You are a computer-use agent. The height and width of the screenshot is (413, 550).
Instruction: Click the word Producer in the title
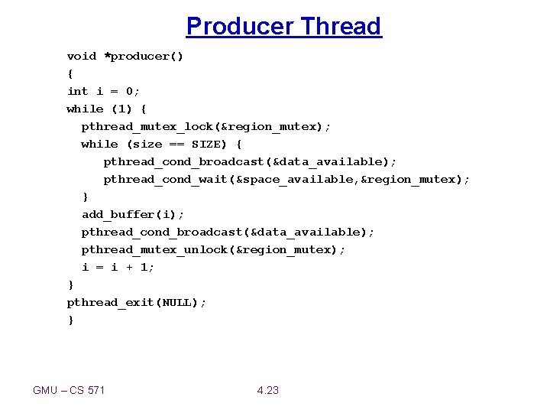(240, 27)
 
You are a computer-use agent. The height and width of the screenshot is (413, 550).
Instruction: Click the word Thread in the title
(340, 27)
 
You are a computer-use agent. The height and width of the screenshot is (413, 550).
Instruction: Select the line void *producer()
(125, 57)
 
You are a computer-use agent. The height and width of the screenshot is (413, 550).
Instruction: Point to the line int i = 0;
(104, 92)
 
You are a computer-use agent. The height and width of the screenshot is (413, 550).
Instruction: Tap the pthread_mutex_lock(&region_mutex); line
(206, 127)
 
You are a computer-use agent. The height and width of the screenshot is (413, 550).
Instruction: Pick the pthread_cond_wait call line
(286, 180)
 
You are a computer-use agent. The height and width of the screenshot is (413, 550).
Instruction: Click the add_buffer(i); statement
(133, 215)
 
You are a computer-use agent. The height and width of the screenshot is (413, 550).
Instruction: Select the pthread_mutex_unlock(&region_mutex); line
(213, 250)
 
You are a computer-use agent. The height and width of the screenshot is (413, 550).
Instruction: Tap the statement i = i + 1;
(118, 268)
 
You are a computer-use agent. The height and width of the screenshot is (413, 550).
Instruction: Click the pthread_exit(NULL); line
(137, 303)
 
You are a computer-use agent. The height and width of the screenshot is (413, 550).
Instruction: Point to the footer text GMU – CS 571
(69, 391)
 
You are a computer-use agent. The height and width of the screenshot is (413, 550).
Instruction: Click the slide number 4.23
(268, 391)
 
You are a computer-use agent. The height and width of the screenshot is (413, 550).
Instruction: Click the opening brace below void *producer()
(70, 74)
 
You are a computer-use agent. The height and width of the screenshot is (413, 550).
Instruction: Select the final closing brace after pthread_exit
(71, 320)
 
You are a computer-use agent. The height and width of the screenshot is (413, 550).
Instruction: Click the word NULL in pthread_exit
(177, 303)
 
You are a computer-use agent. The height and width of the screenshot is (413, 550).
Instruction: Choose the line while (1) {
(107, 109)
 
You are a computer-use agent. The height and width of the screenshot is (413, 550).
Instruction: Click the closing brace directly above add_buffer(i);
(86, 197)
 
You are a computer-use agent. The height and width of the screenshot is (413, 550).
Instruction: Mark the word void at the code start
(82, 57)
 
